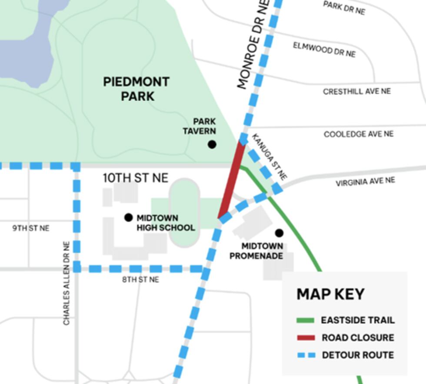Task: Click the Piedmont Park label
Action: [x=136, y=89]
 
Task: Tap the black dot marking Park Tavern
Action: [x=212, y=144]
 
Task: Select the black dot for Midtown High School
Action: [x=128, y=217]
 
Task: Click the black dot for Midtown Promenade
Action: [x=279, y=233]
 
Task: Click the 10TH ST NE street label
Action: [x=135, y=178]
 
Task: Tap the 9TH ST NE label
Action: [x=31, y=228]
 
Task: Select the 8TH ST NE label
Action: [x=140, y=280]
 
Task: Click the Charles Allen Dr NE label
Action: [x=67, y=283]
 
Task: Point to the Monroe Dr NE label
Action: [x=253, y=44]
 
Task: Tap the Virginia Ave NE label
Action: [x=365, y=182]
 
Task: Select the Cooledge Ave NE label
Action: [x=359, y=134]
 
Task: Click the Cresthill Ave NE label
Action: [x=356, y=91]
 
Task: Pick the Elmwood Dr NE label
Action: [x=324, y=50]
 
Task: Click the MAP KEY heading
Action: [x=330, y=294]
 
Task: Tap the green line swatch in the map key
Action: [x=305, y=321]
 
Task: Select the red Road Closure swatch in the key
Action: [x=305, y=338]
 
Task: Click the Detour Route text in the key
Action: [x=358, y=355]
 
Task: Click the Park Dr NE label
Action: [x=344, y=7]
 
